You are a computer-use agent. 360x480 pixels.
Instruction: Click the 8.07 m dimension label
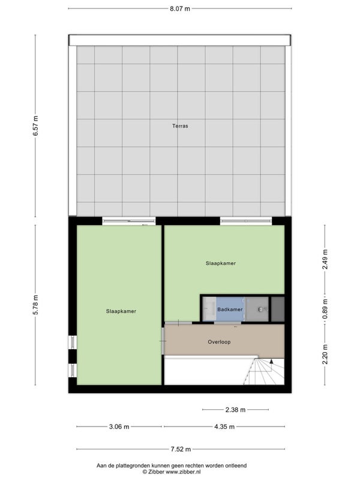[180, 8]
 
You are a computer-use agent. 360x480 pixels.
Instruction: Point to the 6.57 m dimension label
[36, 126]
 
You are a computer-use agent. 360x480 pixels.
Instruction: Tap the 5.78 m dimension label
[36, 305]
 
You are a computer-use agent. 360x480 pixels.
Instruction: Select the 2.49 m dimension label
[325, 259]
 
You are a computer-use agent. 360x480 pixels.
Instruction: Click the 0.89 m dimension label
[325, 309]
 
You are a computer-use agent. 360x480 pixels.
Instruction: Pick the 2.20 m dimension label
[325, 354]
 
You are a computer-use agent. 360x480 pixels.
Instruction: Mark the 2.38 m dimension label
[235, 410]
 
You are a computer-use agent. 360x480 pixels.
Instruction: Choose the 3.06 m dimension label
[119, 427]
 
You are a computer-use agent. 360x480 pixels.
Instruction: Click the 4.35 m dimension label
[224, 427]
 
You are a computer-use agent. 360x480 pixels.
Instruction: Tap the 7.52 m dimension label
[181, 449]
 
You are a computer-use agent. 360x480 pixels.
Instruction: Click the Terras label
[180, 126]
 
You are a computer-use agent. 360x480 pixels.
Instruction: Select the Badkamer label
[230, 310]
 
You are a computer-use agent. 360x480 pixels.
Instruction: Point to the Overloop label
[219, 342]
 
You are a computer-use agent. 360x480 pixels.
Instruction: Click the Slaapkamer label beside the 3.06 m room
[121, 311]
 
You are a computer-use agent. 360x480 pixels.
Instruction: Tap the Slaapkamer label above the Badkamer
[221, 263]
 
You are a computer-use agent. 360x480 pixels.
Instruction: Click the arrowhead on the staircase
[271, 361]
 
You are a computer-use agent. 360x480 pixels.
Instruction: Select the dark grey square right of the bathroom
[278, 309]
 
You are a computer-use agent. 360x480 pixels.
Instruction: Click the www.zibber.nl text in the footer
[183, 472]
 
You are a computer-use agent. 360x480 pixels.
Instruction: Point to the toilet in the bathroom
[262, 310]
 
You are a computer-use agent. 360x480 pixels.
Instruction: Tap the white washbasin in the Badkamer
[209, 308]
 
